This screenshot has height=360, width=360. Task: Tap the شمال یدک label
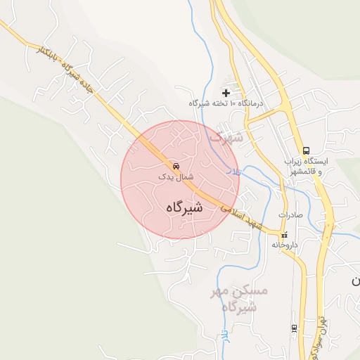pos(176,178)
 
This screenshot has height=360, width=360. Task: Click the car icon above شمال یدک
pos(175,166)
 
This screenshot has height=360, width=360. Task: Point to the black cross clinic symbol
pos(226,92)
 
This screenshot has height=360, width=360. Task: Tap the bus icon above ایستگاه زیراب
pos(306,150)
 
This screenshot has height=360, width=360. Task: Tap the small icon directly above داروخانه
pos(284,235)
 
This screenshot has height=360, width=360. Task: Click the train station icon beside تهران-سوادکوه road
pos(294,328)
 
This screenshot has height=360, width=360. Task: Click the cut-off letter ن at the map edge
pos(356,281)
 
